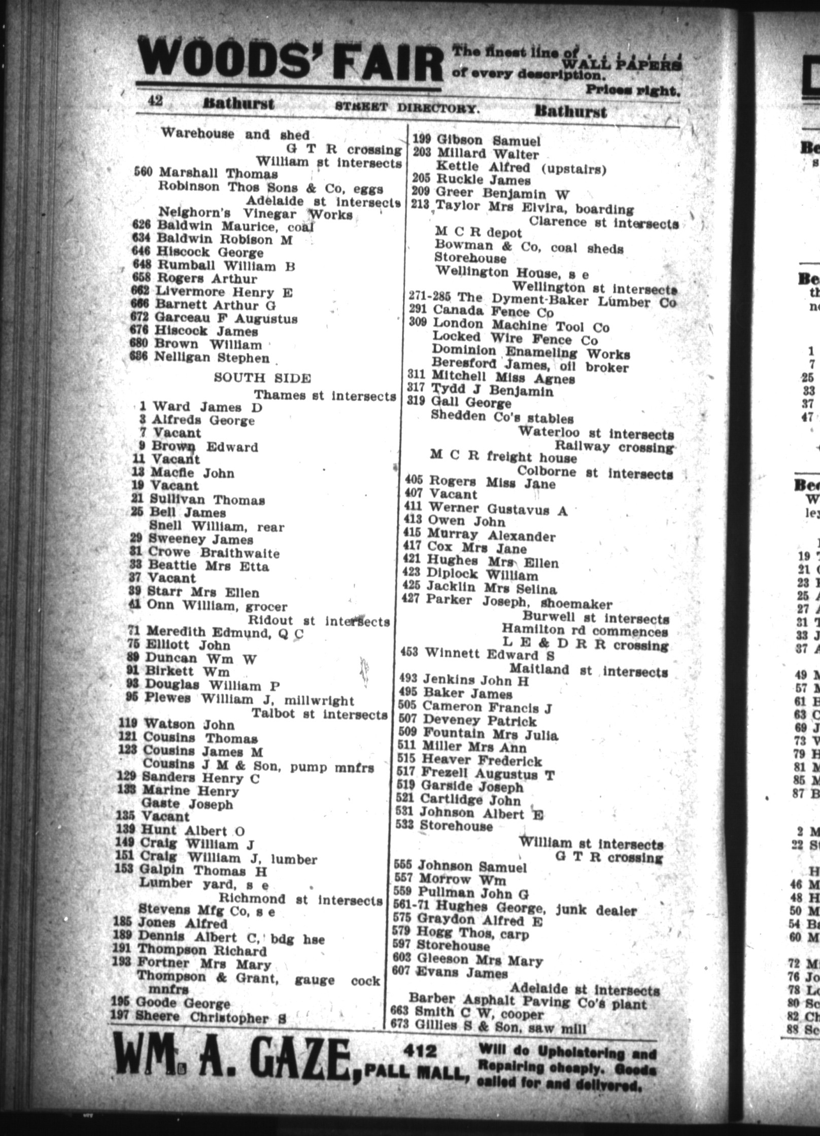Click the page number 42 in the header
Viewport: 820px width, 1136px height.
pos(155,101)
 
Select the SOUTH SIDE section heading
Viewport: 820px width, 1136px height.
pos(262,378)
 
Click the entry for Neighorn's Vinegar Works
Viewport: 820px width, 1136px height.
pos(255,213)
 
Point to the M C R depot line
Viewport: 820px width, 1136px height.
pos(478,233)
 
